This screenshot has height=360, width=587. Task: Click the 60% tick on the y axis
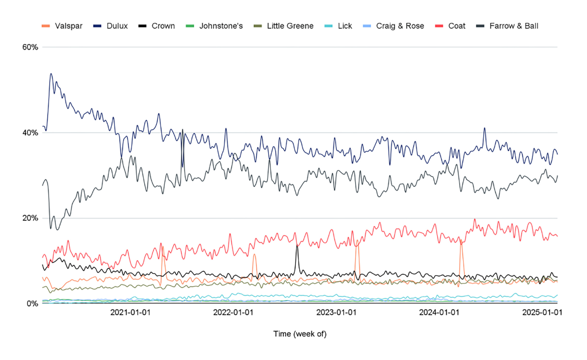(30, 47)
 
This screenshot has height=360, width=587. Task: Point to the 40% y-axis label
(30, 133)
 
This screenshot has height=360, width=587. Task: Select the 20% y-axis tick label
(30, 218)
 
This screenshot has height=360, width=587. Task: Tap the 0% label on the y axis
(32, 303)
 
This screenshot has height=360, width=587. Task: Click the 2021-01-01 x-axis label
(130, 312)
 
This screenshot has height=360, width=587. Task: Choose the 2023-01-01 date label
(336, 312)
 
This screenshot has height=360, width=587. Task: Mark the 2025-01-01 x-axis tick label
(542, 312)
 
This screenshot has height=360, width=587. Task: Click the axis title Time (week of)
(300, 334)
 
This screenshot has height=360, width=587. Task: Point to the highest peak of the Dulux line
(51, 74)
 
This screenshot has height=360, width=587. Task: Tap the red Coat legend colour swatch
(439, 26)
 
